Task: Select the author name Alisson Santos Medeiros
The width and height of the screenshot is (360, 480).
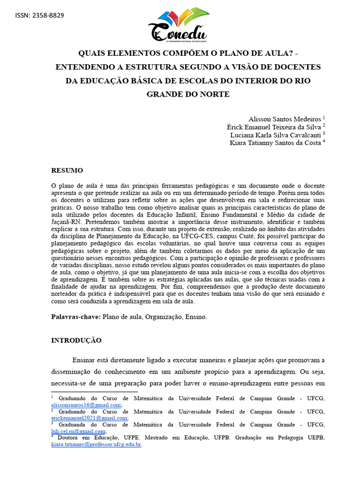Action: tap(285, 119)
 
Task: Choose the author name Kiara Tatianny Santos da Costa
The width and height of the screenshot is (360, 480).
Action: tap(275, 143)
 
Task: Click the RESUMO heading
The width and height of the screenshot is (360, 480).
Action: tap(67, 170)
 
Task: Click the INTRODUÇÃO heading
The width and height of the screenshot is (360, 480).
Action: tap(76, 340)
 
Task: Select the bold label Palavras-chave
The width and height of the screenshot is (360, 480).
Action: tap(75, 317)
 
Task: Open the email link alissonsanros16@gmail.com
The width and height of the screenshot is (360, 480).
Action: tap(86, 405)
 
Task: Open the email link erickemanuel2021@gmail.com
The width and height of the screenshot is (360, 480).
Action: tap(89, 418)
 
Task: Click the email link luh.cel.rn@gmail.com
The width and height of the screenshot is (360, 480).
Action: tap(78, 431)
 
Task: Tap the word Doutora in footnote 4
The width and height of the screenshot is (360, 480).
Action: tap(68, 438)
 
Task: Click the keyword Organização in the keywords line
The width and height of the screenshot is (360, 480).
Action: tap(164, 317)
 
